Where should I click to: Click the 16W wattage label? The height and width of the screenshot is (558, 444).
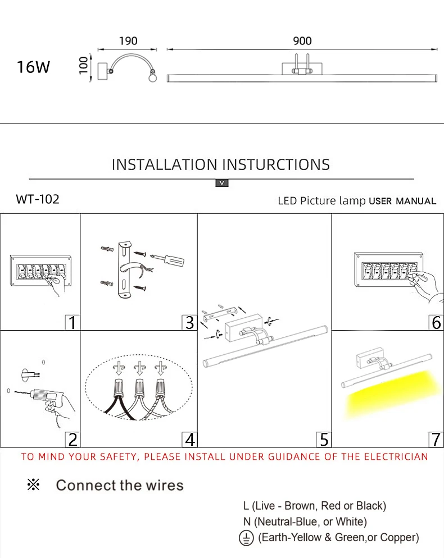(33, 67)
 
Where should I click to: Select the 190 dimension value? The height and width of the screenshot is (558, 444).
(128, 41)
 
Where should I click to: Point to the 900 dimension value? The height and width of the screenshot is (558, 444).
(302, 41)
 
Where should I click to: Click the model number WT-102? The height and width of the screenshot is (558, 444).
(38, 199)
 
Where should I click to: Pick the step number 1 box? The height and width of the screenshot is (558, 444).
(71, 322)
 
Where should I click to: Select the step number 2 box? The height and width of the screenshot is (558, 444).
(72, 439)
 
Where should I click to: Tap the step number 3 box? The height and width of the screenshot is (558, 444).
(189, 322)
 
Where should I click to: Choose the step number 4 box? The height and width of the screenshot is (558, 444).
(189, 439)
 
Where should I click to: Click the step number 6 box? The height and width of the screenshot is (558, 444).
(436, 322)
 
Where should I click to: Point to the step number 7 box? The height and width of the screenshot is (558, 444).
(436, 439)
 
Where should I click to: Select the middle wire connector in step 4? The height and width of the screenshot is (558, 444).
(138, 387)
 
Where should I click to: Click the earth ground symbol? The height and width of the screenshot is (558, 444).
(247, 538)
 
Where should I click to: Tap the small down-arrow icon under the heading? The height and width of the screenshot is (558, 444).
(222, 183)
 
